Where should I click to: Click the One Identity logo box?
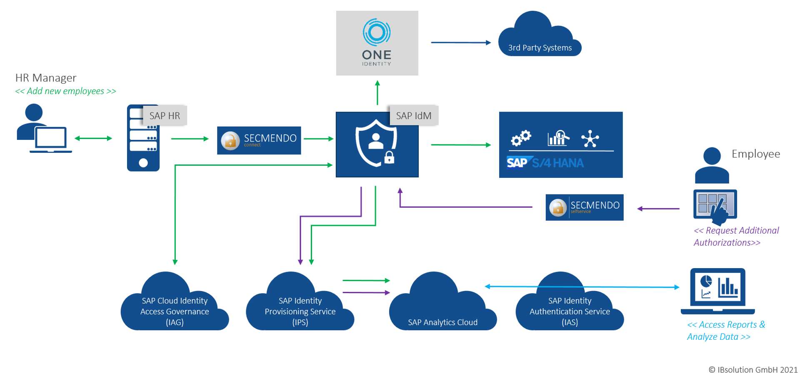pos(377,43)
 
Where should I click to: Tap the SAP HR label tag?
pos(165,116)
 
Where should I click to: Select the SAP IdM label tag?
pos(413,116)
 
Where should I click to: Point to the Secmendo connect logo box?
pos(259,140)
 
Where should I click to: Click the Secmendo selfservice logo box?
pos(584,207)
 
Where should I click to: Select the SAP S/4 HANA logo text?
pos(545,163)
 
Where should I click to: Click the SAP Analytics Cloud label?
pos(442,322)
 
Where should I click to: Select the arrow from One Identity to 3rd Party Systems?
pos(461,42)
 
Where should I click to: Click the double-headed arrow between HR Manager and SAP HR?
pos(93,138)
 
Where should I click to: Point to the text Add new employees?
pos(65,91)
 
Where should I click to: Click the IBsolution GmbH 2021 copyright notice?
pos(753,370)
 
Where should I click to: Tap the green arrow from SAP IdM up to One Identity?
pos(377,93)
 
